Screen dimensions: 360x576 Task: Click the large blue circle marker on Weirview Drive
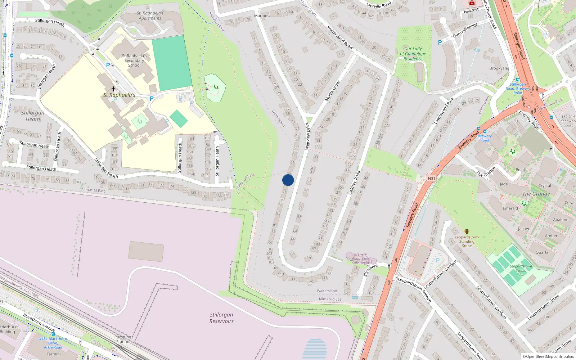click(288, 180)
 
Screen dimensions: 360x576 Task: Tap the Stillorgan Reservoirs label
click(221, 318)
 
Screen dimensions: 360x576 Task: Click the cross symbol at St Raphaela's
click(113, 89)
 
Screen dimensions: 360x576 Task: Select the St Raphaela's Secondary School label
click(134, 60)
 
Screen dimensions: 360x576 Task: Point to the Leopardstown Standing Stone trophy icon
click(467, 232)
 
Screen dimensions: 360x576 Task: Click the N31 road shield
click(431, 179)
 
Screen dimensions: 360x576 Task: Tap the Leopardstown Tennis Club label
click(521, 270)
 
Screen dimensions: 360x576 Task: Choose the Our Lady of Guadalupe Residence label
click(413, 54)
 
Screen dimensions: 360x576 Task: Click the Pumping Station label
click(123, 339)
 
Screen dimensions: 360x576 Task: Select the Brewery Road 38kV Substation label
click(360, 258)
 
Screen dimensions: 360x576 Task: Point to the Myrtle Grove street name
click(333, 91)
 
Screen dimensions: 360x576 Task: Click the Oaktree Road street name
click(354, 183)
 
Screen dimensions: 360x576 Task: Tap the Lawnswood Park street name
click(444, 111)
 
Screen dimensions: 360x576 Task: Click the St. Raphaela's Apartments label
click(150, 15)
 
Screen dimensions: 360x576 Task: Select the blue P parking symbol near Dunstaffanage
click(440, 42)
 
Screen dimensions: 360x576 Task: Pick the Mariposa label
click(263, 16)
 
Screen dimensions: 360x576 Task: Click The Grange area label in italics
click(536, 194)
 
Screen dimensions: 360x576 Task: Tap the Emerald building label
click(510, 208)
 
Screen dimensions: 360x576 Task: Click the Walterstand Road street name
click(339, 37)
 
